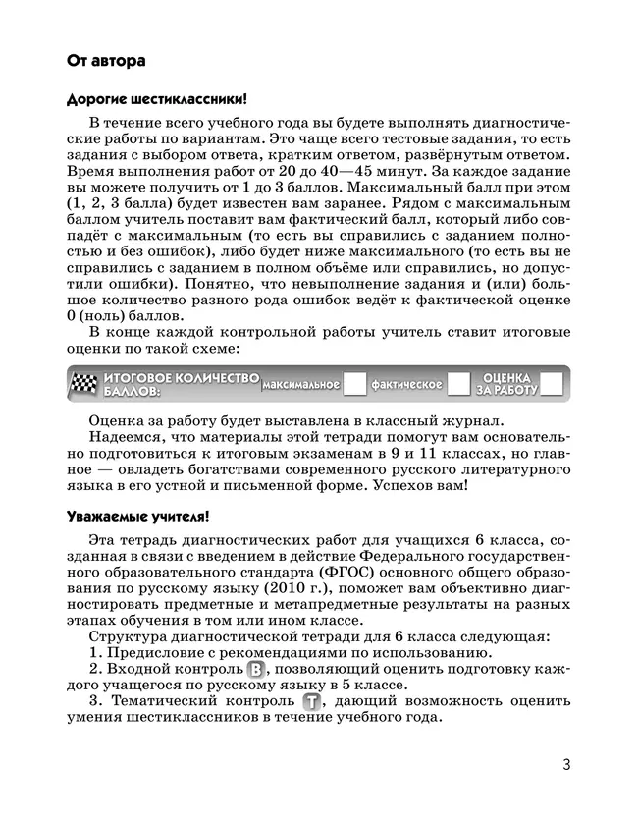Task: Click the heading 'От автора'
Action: [106, 61]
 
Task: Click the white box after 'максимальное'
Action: [355, 384]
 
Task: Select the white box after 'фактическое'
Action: [457, 384]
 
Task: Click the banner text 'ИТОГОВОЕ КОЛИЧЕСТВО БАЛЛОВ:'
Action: [182, 384]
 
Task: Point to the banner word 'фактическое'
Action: [406, 385]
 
